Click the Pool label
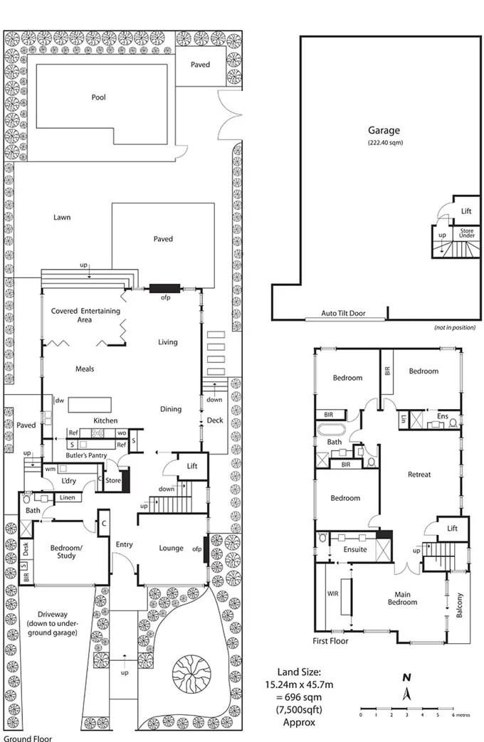98,97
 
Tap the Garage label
384,130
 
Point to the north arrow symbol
406,691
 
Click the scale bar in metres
406,709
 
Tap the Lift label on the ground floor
192,466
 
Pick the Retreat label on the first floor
419,475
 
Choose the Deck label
214,420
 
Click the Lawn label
61,218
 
